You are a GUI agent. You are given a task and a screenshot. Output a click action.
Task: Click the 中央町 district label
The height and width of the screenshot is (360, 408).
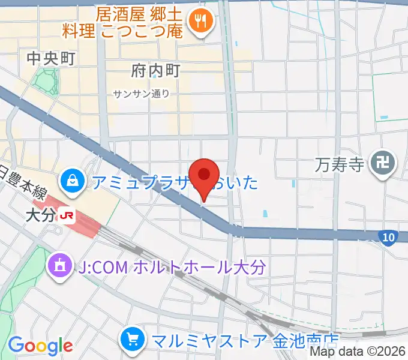tap(50, 58)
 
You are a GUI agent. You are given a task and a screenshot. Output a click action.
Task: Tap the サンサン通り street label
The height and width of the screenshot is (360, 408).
tap(141, 94)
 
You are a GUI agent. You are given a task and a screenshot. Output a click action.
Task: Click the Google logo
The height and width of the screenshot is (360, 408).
tap(40, 346)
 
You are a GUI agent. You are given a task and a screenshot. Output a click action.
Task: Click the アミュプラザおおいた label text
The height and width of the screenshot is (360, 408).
tap(174, 181)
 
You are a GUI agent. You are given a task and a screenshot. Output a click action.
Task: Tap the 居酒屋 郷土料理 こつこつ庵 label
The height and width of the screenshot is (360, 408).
tap(123, 22)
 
